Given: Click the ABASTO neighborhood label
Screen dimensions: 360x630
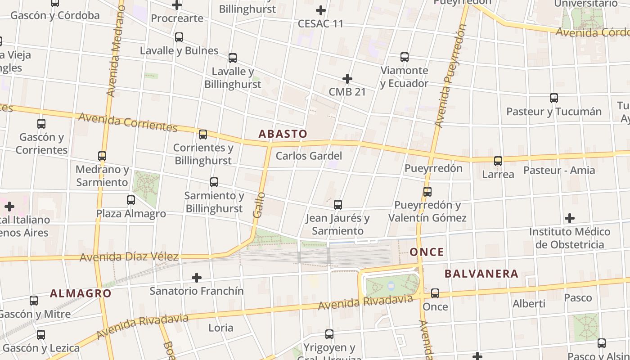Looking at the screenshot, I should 283,134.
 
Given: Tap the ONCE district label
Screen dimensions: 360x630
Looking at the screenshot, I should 427,252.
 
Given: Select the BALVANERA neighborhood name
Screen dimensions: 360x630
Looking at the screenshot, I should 481,274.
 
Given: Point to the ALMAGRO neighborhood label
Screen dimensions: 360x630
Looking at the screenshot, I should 81,293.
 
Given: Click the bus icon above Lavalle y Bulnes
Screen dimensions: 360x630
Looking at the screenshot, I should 179,37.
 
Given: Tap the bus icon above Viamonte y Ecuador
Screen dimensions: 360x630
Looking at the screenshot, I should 405,57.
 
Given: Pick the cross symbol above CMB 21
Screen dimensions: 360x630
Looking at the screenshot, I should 347,79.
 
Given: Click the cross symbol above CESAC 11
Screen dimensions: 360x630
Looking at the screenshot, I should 320,10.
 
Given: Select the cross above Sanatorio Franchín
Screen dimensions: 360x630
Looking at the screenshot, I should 197,277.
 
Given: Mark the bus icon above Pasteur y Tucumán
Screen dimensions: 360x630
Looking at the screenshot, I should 554,98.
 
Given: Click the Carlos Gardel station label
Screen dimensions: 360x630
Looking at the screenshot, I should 309,156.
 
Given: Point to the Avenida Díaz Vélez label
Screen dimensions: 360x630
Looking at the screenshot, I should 129,257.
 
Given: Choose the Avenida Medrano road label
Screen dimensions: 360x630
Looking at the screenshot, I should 114,63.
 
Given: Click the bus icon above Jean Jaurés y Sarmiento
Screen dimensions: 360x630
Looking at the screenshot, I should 338,205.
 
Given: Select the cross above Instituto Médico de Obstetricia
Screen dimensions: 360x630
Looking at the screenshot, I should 570,219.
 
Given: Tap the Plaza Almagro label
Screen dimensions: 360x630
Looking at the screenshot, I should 131,213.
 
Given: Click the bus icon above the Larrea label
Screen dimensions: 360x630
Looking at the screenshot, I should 498,161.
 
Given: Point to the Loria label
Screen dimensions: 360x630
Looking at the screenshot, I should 221,328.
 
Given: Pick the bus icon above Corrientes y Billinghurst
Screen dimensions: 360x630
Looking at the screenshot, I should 203,134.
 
